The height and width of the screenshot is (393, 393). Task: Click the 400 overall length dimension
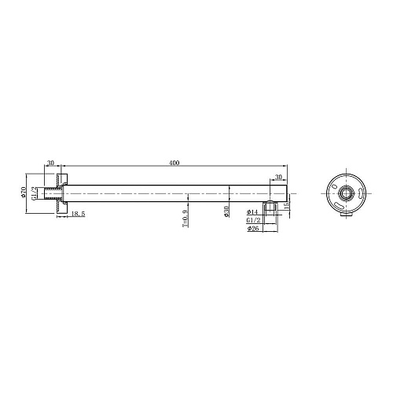click(174, 163)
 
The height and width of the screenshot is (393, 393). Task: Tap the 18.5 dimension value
click(78, 214)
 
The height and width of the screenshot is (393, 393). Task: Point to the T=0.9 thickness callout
click(185, 218)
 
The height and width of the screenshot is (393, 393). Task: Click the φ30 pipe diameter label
click(226, 212)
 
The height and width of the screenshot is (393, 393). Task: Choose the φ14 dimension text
click(252, 212)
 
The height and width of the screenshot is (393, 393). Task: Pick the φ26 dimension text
click(252, 229)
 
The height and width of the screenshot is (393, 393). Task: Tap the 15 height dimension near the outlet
click(286, 204)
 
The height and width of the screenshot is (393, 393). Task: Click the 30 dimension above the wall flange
click(51, 163)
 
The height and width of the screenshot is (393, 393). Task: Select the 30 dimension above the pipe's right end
click(277, 178)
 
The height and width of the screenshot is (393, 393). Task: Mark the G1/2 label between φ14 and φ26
click(252, 221)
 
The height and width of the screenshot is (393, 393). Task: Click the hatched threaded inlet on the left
click(54, 191)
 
